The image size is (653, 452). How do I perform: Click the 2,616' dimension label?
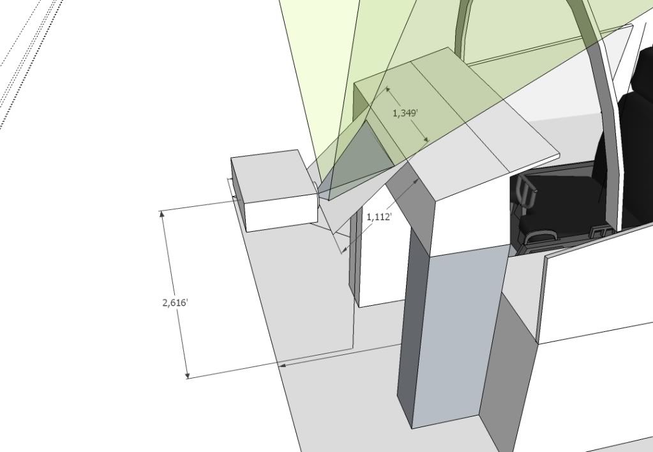tap(175, 303)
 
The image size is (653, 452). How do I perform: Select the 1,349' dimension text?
tap(405, 113)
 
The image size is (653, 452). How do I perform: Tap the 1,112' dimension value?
tap(379, 217)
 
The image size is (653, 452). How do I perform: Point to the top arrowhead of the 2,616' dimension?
tap(162, 215)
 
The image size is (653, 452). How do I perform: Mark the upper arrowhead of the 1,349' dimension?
tap(387, 90)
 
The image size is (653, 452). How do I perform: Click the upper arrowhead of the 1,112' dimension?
tap(417, 181)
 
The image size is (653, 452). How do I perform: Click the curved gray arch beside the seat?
tap(604, 128)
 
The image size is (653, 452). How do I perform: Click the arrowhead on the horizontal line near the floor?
tap(283, 365)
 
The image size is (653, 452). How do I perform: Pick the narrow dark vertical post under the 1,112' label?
tap(352, 275)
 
